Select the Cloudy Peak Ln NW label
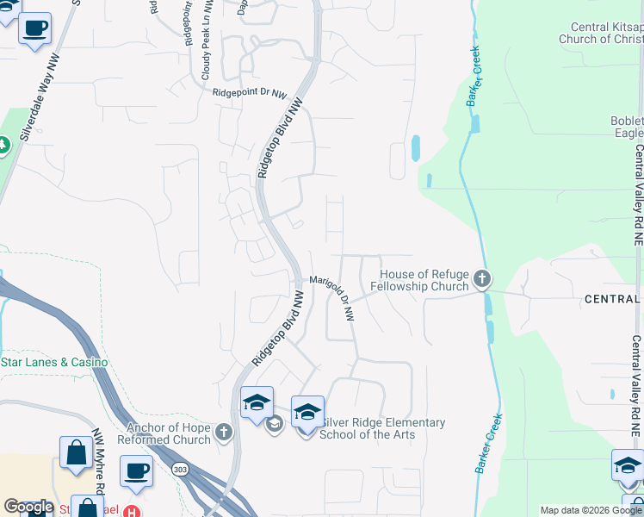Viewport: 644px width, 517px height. (206, 53)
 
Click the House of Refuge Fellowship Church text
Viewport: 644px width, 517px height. (420, 279)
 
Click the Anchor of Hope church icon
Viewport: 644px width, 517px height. (224, 432)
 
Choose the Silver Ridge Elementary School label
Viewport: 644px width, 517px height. (382, 428)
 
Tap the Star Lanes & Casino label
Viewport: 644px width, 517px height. (53, 362)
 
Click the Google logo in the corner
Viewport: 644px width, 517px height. (28, 507)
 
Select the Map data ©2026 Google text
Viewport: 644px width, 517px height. (591, 510)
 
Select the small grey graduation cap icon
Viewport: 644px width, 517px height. (275, 422)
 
